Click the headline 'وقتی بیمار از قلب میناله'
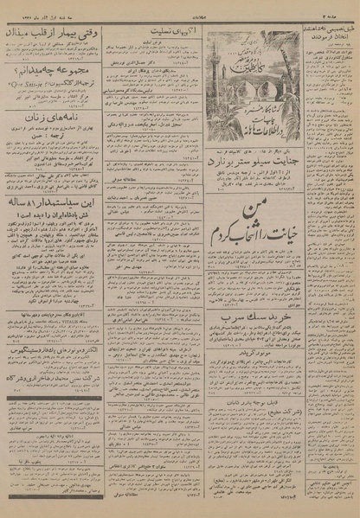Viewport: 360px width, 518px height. tap(54, 34)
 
